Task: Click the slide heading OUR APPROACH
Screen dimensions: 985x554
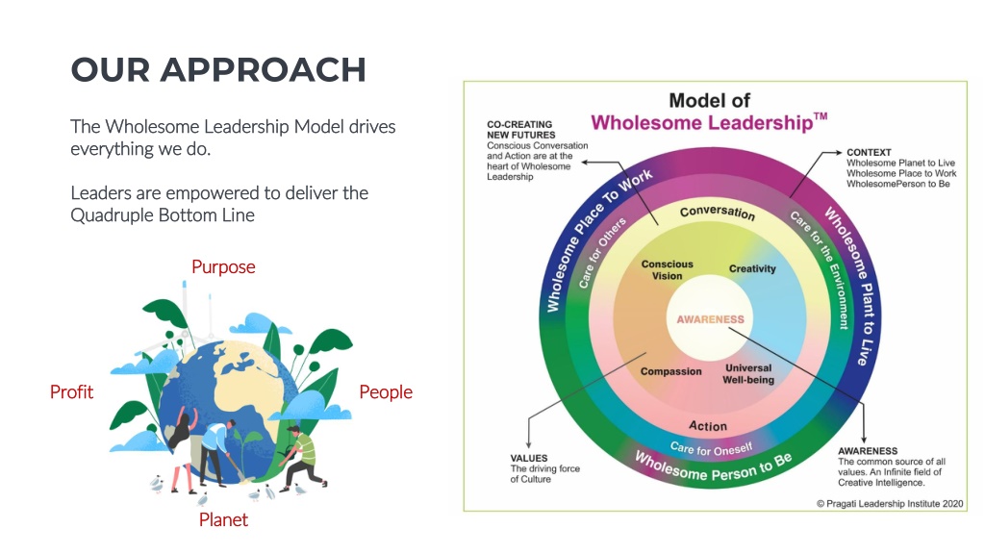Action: [218, 69]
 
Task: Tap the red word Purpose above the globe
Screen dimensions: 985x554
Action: [223, 267]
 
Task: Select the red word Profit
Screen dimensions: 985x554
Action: [71, 392]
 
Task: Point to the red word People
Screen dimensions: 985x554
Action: [386, 392]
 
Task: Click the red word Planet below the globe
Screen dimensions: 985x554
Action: [223, 519]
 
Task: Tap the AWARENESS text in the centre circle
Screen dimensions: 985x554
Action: [711, 319]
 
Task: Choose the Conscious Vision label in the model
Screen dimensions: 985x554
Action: [668, 270]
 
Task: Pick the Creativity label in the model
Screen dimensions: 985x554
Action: [752, 269]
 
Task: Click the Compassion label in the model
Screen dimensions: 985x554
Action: [670, 371]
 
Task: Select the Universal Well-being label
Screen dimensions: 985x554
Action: [748, 374]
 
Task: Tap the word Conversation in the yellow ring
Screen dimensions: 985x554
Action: [718, 212]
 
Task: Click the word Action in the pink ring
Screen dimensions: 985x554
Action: [708, 426]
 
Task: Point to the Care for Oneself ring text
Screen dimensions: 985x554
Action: [711, 448]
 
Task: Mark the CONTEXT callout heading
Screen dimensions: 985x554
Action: [869, 152]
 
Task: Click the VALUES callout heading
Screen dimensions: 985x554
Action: [529, 459]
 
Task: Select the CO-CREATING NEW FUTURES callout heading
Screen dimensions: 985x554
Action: [520, 130]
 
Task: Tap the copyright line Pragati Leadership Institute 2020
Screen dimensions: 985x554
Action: [890, 504]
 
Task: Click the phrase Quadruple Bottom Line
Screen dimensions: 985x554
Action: [163, 214]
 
